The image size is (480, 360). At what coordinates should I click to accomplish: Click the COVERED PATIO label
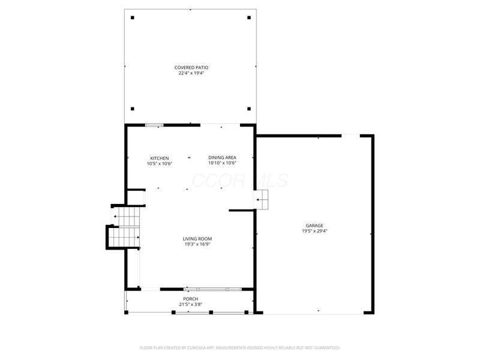click(x=191, y=67)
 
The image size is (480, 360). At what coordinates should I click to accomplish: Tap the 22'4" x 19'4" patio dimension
click(x=191, y=73)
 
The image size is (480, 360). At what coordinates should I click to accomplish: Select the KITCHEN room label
click(x=159, y=158)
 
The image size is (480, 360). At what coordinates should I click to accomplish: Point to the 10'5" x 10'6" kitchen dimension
click(x=159, y=163)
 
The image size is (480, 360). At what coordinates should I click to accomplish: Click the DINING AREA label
click(x=222, y=158)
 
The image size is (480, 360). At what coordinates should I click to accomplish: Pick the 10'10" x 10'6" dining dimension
click(x=222, y=163)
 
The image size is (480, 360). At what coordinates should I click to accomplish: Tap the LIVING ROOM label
click(x=197, y=239)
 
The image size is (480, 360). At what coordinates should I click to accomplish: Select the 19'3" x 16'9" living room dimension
click(x=197, y=244)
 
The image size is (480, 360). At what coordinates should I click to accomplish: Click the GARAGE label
click(x=314, y=226)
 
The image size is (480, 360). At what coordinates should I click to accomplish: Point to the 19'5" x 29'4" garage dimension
click(x=314, y=231)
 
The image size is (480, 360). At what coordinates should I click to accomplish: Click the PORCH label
click(x=190, y=299)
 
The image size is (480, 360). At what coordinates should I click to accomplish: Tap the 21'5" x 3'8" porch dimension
click(x=190, y=304)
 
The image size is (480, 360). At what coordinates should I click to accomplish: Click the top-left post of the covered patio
click(x=133, y=17)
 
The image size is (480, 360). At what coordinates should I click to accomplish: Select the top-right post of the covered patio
click(x=248, y=17)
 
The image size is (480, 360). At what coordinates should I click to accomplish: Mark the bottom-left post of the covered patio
click(x=133, y=109)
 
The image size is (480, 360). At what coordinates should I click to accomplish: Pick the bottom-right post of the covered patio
click(x=248, y=109)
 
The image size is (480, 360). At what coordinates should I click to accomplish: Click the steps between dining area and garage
click(x=262, y=200)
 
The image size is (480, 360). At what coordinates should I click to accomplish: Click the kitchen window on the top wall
click(x=154, y=125)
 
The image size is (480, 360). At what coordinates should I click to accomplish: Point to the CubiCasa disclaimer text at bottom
click(x=240, y=347)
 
